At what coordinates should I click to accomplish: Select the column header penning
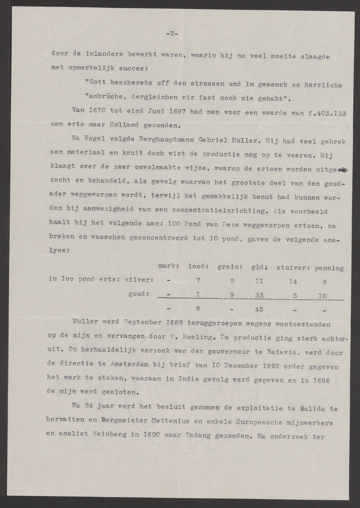[x=330, y=268]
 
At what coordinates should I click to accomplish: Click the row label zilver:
[x=140, y=280]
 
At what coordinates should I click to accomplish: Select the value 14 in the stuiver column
[x=294, y=281]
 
